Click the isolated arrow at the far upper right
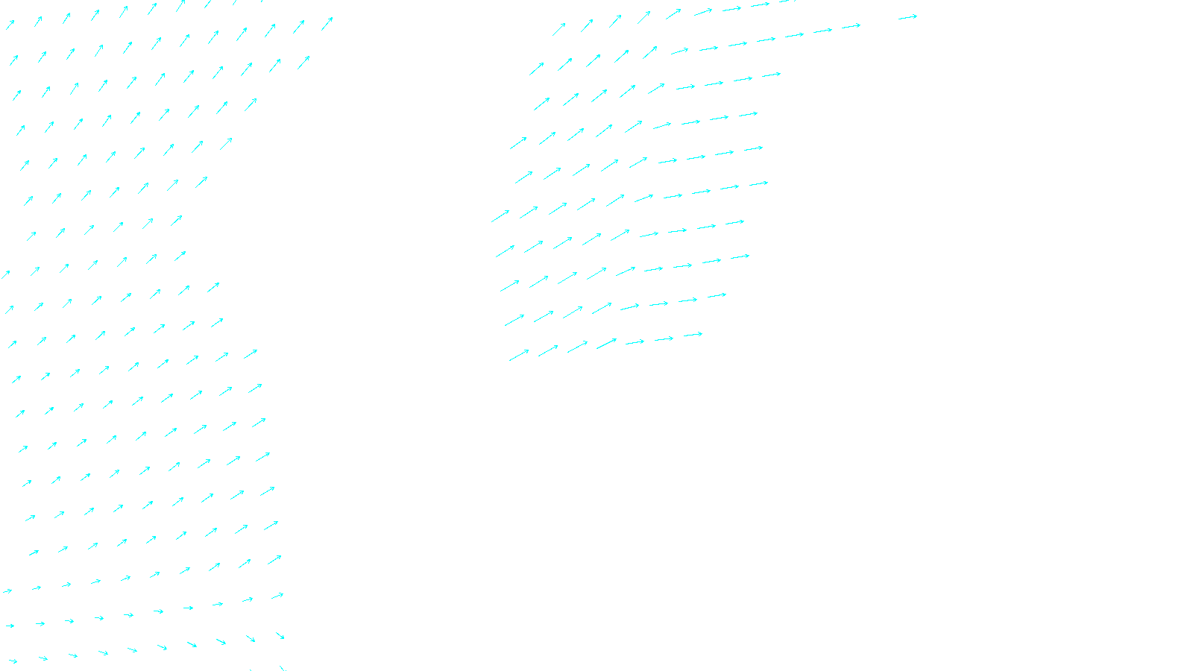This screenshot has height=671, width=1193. [907, 17]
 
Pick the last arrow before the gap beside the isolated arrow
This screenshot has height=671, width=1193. [851, 27]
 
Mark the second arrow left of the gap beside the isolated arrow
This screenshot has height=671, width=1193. [822, 31]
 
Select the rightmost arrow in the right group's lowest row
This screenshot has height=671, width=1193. [693, 335]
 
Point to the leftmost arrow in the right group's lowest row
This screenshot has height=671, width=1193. [519, 355]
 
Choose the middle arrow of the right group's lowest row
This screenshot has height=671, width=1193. [606, 344]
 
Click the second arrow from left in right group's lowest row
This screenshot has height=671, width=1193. [548, 350]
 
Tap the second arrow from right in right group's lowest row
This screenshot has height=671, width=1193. [664, 339]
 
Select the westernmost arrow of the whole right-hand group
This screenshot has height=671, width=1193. [500, 216]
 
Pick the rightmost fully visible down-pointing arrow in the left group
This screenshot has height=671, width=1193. [280, 636]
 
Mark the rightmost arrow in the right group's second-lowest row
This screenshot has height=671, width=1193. [717, 296]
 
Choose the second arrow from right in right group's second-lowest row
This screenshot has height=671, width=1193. [687, 300]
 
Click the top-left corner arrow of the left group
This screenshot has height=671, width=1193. [10, 25]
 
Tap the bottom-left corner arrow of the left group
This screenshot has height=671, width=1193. [12, 661]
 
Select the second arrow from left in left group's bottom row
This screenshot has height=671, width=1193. [43, 658]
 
